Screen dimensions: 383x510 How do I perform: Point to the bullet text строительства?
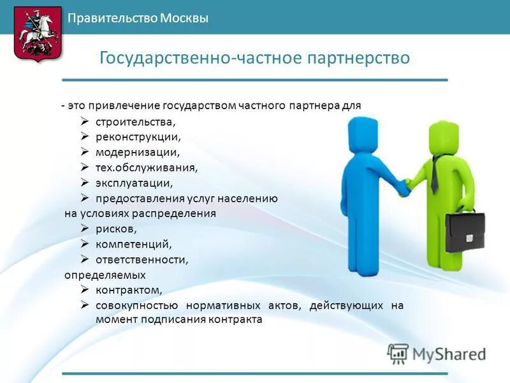(135, 121)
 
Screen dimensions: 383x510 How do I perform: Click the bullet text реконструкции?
(138, 137)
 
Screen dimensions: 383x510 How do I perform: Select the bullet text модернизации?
(138, 152)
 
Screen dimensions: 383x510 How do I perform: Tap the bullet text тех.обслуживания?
(147, 167)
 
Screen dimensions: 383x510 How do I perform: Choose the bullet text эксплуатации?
(134, 183)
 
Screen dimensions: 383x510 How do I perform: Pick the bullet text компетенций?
(134, 244)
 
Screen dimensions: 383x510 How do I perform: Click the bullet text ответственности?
(142, 260)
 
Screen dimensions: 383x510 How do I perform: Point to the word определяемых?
(105, 275)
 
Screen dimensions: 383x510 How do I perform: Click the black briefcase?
(465, 231)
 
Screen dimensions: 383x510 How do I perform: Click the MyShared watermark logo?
(437, 353)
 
